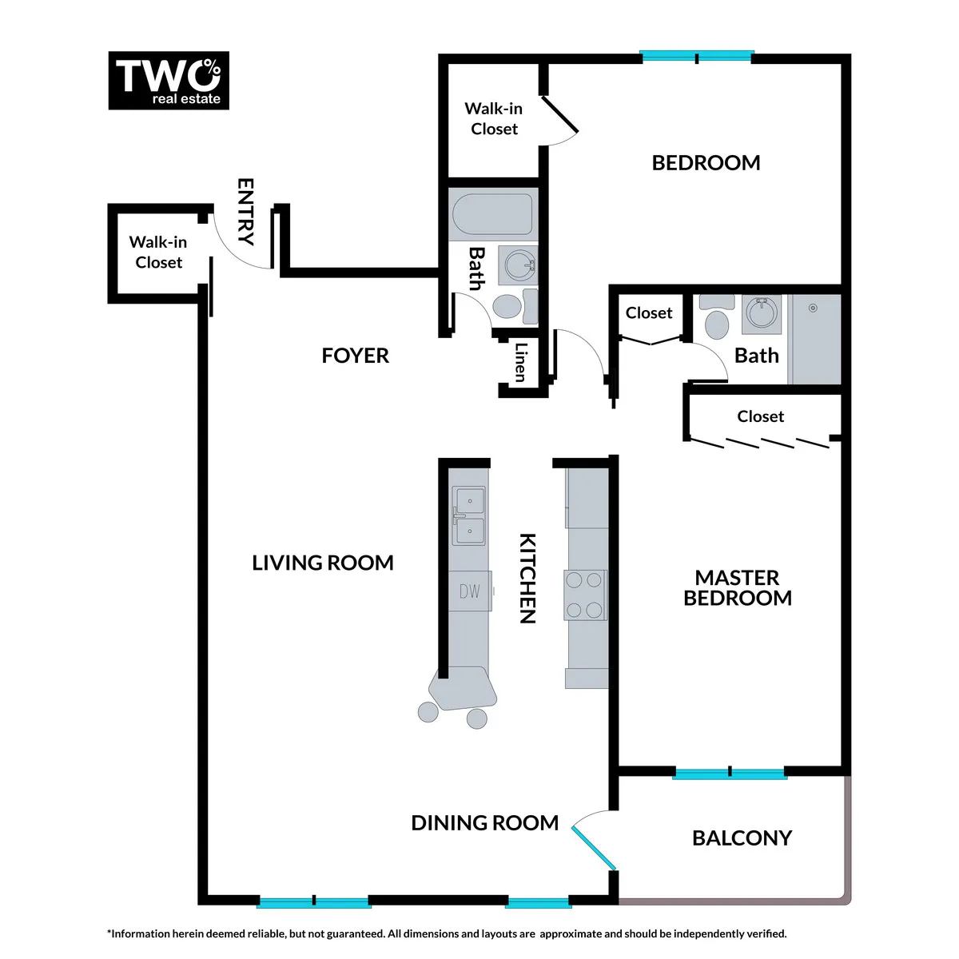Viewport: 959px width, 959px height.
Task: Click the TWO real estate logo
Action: (x=169, y=81)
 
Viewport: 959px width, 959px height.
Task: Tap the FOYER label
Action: (x=355, y=356)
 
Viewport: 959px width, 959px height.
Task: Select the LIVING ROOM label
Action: (x=323, y=563)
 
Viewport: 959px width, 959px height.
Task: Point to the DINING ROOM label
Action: (x=484, y=823)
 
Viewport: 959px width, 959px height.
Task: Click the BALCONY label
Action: (x=742, y=838)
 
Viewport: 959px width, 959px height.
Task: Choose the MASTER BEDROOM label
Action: (x=737, y=588)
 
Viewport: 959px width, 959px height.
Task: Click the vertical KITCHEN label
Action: (x=527, y=578)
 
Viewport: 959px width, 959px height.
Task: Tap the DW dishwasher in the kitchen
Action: (x=469, y=591)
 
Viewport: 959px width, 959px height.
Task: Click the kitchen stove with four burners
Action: (x=584, y=595)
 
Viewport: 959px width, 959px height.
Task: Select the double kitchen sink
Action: (x=469, y=516)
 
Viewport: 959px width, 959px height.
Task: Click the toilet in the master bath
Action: (x=717, y=320)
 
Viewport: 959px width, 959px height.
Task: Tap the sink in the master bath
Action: (x=762, y=314)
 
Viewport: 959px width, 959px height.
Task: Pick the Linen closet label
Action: (x=520, y=362)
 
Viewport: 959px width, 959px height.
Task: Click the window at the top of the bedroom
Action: (x=697, y=57)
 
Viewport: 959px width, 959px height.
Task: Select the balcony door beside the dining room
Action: (x=594, y=849)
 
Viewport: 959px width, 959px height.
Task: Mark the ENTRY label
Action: (x=245, y=211)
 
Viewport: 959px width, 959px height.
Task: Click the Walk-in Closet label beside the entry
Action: (x=158, y=253)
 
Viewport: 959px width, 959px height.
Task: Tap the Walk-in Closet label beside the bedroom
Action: (x=494, y=119)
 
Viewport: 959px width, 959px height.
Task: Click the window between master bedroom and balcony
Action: (x=730, y=773)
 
